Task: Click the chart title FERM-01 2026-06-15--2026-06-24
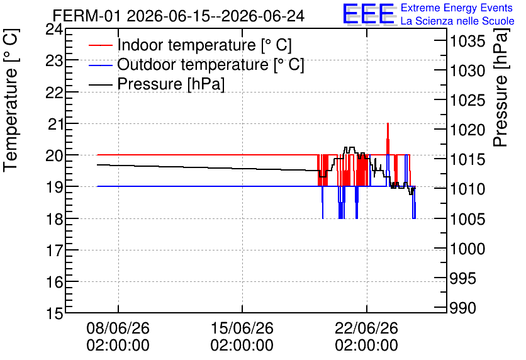click(x=179, y=16)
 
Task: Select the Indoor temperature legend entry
click(x=190, y=45)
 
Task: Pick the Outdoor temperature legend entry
click(x=196, y=64)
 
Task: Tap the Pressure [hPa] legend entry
click(x=157, y=84)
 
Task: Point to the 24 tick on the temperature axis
click(x=54, y=29)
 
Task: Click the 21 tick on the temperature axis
click(x=55, y=124)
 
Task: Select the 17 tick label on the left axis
click(x=54, y=250)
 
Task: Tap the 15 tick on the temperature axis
click(x=54, y=313)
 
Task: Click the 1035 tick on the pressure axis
click(x=467, y=42)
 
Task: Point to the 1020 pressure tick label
click(x=467, y=130)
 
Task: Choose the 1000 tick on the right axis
click(x=467, y=249)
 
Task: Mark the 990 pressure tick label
click(x=462, y=308)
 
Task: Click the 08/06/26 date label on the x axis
click(x=118, y=337)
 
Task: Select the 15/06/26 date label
click(x=242, y=337)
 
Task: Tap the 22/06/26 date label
click(x=367, y=337)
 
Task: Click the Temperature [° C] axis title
click(x=11, y=101)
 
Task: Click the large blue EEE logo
click(x=368, y=14)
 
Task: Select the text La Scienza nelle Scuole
click(x=457, y=21)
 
